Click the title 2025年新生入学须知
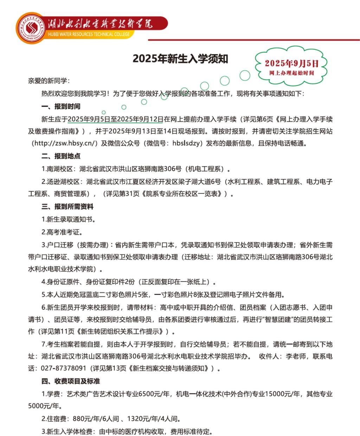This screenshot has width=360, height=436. pos(180,58)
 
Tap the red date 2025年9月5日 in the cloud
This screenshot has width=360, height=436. pos(291,63)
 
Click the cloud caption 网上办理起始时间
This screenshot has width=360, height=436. pos(291,73)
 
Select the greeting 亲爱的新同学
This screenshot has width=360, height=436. pos(49,81)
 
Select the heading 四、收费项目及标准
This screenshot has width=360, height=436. pos(71,381)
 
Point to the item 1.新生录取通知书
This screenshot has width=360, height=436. pos(68,220)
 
